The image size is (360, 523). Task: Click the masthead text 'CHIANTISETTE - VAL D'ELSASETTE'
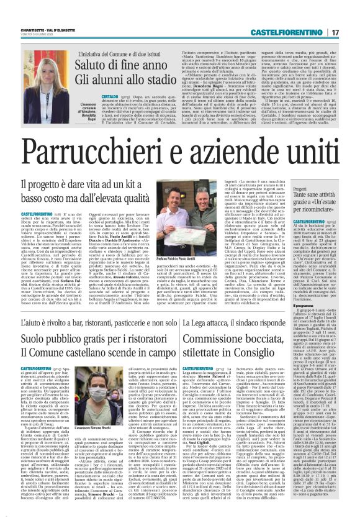coord(42,27)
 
